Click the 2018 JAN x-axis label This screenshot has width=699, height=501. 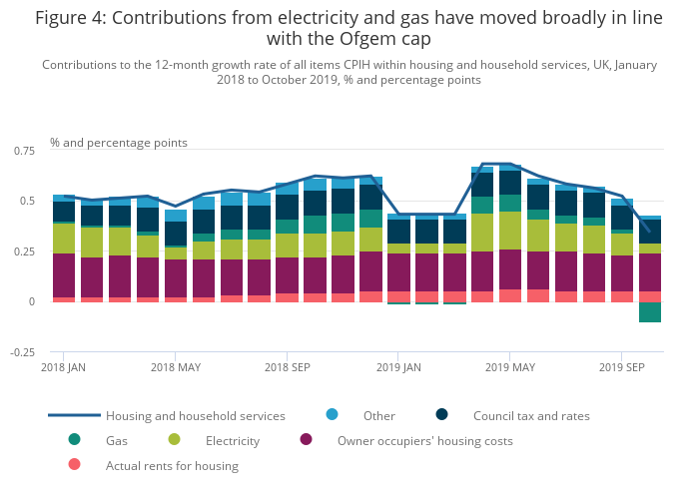tap(62, 367)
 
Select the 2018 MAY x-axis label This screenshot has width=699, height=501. tap(176, 367)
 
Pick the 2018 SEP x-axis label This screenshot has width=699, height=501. tap(287, 367)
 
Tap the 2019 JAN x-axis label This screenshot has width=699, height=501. tap(398, 367)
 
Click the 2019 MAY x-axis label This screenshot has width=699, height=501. tap(510, 367)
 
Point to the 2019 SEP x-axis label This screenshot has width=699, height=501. tap(622, 367)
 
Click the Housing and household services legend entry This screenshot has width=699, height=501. tap(195, 415)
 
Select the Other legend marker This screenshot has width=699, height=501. tap(333, 415)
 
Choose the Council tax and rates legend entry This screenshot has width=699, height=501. tap(531, 415)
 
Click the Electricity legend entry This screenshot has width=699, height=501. tap(232, 440)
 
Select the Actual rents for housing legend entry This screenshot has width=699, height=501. tap(172, 465)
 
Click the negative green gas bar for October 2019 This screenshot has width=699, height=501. tap(650, 312)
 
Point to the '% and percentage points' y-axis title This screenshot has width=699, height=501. tap(119, 143)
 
